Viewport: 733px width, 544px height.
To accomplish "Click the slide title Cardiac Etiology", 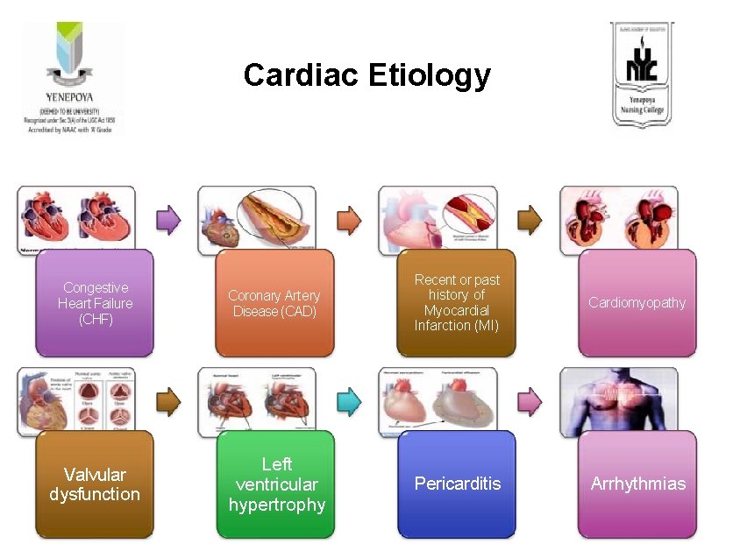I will [x=366, y=75].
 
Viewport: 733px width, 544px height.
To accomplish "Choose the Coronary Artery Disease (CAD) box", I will [x=274, y=303].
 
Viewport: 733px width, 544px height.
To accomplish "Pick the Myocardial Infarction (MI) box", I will [x=456, y=303].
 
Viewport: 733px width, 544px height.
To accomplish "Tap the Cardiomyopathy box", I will [x=637, y=303].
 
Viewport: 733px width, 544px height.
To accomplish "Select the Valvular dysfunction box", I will [x=95, y=484].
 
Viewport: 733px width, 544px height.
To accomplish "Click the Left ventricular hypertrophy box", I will [x=276, y=484].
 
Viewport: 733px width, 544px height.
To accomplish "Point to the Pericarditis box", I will [x=457, y=484].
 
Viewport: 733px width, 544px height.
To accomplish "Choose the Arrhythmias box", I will [x=637, y=484].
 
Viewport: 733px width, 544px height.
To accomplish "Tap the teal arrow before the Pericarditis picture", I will [x=349, y=401].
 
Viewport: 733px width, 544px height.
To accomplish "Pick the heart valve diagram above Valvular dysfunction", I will [x=75, y=399].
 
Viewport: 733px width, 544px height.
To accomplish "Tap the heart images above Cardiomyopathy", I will [x=618, y=217].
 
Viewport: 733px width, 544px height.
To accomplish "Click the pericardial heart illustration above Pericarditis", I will [x=437, y=399].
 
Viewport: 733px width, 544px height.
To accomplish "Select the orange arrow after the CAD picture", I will [x=349, y=219].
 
